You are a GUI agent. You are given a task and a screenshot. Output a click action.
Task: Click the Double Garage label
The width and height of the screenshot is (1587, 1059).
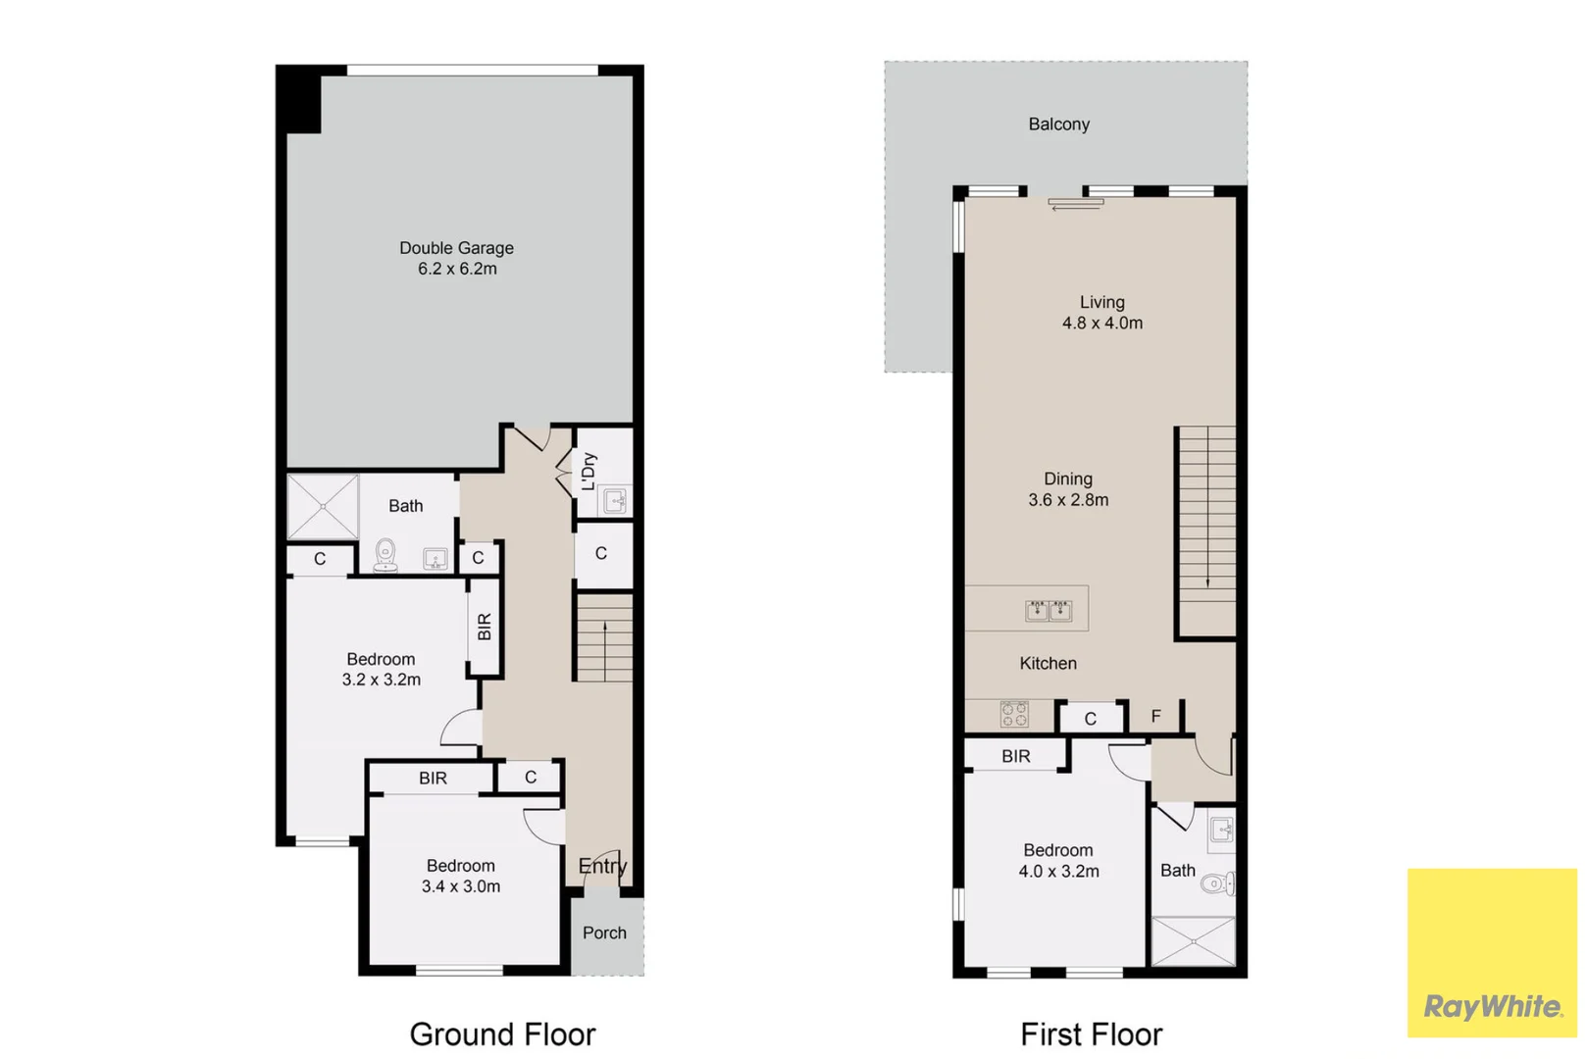click(456, 248)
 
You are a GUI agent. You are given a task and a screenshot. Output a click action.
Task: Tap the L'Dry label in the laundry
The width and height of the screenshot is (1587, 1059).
click(589, 471)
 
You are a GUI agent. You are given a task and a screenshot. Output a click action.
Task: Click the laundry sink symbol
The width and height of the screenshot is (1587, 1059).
click(615, 502)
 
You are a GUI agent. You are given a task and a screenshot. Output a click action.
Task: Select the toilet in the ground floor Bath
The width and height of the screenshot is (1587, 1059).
click(385, 553)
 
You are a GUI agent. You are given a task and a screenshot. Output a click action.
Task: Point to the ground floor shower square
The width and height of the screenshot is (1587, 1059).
click(323, 506)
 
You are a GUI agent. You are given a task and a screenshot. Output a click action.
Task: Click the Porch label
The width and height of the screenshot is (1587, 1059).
click(604, 933)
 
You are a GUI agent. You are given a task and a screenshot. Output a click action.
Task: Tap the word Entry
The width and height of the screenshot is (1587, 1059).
click(601, 866)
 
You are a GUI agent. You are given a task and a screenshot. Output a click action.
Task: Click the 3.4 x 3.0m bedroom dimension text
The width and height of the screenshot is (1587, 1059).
click(461, 886)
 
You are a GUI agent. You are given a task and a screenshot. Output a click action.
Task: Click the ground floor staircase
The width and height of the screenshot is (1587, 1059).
click(604, 638)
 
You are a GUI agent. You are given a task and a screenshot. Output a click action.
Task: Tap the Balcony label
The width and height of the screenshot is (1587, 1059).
click(1058, 125)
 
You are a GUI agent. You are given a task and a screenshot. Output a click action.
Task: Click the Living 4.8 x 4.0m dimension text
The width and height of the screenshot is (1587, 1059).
click(1102, 323)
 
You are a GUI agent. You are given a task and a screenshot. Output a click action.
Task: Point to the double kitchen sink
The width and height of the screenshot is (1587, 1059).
click(1049, 611)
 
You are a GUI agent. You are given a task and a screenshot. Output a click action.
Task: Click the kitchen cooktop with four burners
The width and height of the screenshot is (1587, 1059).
click(1014, 714)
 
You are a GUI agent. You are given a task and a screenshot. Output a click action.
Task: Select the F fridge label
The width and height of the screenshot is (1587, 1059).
click(1155, 717)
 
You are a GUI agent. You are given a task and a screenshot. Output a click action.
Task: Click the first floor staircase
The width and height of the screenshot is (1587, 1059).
click(1206, 529)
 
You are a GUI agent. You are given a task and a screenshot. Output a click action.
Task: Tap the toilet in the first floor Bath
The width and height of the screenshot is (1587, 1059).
click(1217, 884)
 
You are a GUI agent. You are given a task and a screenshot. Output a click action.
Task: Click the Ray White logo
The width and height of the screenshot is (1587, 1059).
click(1492, 1006)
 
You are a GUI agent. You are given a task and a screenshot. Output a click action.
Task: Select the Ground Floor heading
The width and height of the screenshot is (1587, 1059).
click(502, 1034)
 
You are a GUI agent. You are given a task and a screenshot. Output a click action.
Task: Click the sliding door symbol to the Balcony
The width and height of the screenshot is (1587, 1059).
click(1075, 204)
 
